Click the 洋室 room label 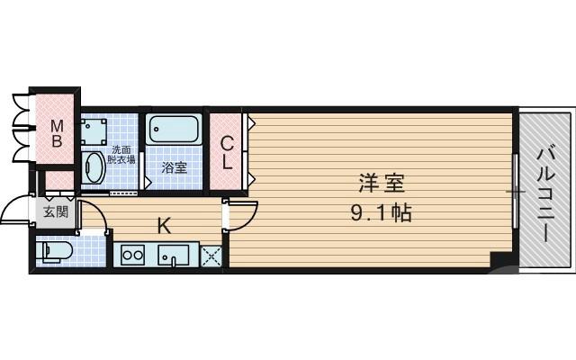[x=383, y=184]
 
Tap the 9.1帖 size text [x=383, y=214]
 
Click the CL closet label [x=228, y=152]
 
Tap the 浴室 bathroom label [x=174, y=167]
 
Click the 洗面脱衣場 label [x=121, y=154]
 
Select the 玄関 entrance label [x=54, y=212]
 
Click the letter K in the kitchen [x=164, y=226]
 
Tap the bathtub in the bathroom [x=174, y=130]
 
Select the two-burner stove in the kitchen [x=132, y=256]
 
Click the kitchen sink [x=175, y=256]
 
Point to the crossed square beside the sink [x=212, y=256]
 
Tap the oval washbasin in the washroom [x=93, y=167]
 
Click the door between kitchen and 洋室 [x=238, y=213]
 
